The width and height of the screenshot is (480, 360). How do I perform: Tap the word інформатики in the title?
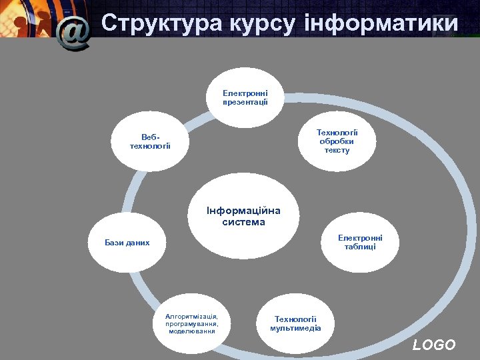(381, 24)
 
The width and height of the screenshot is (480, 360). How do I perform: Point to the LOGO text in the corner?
(434, 345)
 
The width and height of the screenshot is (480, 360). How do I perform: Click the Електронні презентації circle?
(245, 97)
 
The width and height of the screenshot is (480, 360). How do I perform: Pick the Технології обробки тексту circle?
(337, 141)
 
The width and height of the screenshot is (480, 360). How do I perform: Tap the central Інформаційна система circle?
(243, 216)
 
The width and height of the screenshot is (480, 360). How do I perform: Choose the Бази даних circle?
(127, 243)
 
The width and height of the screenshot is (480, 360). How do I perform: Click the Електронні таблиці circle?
(360, 242)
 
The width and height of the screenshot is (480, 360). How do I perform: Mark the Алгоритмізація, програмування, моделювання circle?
(192, 323)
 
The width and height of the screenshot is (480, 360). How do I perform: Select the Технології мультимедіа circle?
(295, 323)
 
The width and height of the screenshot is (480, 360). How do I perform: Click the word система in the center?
(243, 222)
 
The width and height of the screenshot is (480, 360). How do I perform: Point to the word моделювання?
(192, 331)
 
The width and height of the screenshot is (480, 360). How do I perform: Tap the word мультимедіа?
(295, 328)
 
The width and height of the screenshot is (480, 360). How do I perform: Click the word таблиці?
(360, 247)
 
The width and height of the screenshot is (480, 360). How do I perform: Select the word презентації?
(245, 102)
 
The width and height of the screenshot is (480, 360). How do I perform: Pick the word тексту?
(337, 150)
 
